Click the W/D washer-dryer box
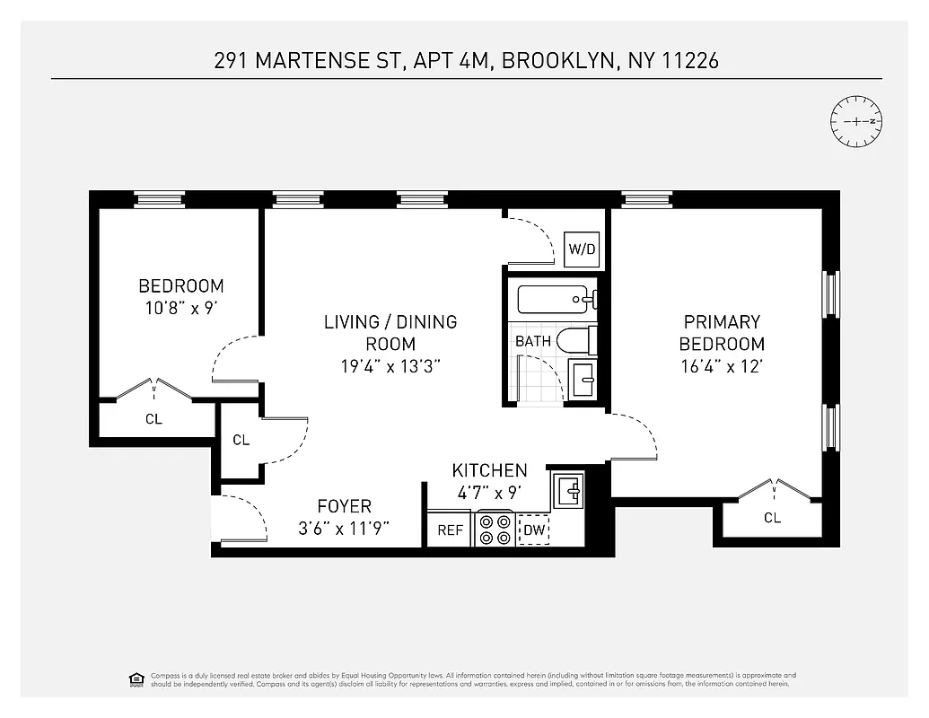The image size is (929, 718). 582,249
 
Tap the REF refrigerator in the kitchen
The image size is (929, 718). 450,530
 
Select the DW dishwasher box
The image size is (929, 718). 534,530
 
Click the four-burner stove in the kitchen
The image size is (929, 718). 495,529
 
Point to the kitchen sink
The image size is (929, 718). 569,492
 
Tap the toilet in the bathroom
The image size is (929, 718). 576,341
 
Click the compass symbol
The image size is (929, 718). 857,121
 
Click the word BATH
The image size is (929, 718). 532,341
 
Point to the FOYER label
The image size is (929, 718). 344,507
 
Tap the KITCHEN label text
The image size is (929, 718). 489,470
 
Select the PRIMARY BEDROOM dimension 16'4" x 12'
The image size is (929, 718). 722,366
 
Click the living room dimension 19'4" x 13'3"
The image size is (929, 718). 390,366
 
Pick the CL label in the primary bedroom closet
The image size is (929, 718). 772,518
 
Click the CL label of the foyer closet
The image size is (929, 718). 241,440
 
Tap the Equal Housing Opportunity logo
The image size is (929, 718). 136,679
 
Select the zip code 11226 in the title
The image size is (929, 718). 688,61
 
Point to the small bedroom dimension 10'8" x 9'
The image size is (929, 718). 180,309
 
